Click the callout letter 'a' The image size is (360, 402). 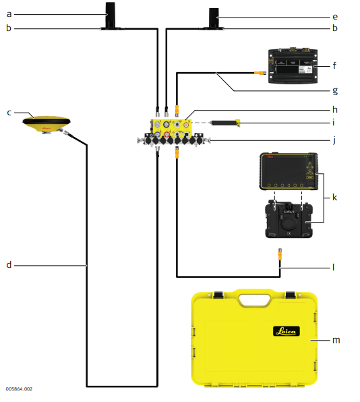pyautogui.click(x=9, y=14)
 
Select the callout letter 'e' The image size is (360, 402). pyautogui.click(x=335, y=17)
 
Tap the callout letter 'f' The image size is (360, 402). pyautogui.click(x=334, y=65)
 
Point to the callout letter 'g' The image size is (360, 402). pyautogui.click(x=335, y=91)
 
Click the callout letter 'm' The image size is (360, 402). pyautogui.click(x=336, y=340)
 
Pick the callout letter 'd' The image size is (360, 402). pyautogui.click(x=9, y=264)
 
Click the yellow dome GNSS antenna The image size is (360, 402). pyautogui.click(x=47, y=124)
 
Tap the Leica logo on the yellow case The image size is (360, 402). pyautogui.click(x=287, y=331)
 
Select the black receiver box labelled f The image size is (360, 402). pyautogui.click(x=293, y=65)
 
